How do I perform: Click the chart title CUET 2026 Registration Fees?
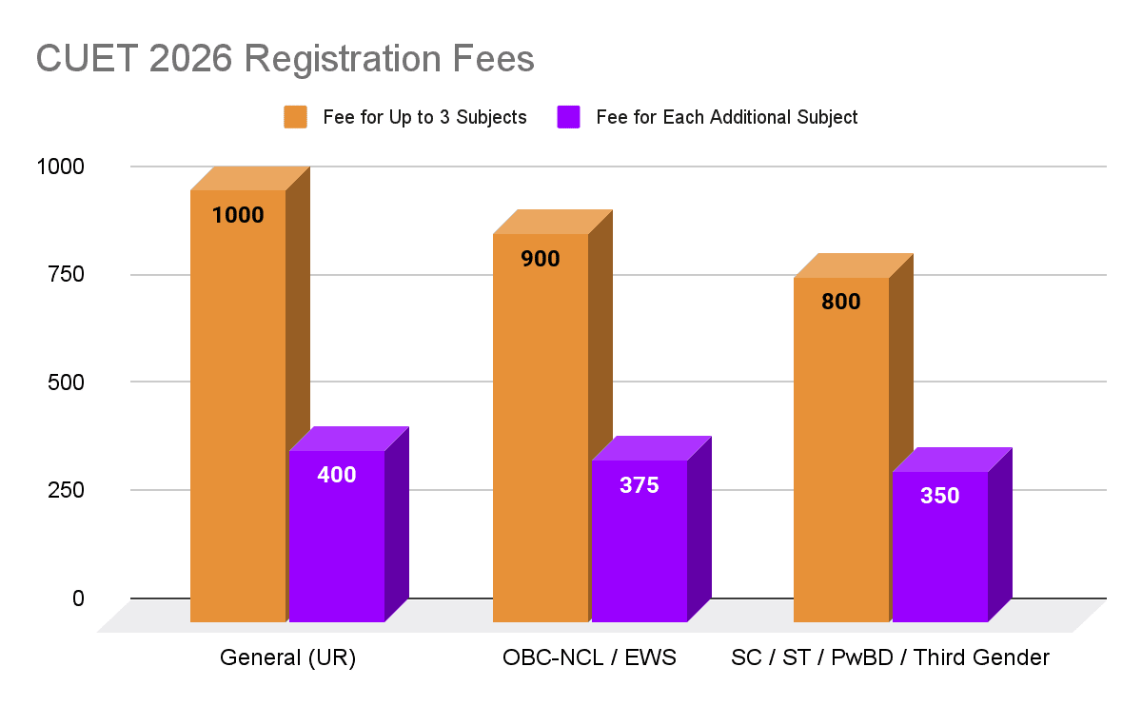[x=285, y=59]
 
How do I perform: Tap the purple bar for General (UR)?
[x=337, y=542]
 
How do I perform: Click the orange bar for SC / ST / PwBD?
[x=841, y=457]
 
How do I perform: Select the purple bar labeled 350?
[x=939, y=552]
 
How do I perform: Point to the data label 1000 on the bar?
[x=238, y=215]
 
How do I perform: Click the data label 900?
[x=541, y=259]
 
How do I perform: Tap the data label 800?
[x=841, y=303]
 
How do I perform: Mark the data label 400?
[x=337, y=475]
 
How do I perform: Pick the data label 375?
[x=639, y=485]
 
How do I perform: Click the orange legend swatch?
[x=295, y=117]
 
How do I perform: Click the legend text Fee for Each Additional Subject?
[x=727, y=117]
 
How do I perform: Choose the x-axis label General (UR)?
[x=287, y=657]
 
